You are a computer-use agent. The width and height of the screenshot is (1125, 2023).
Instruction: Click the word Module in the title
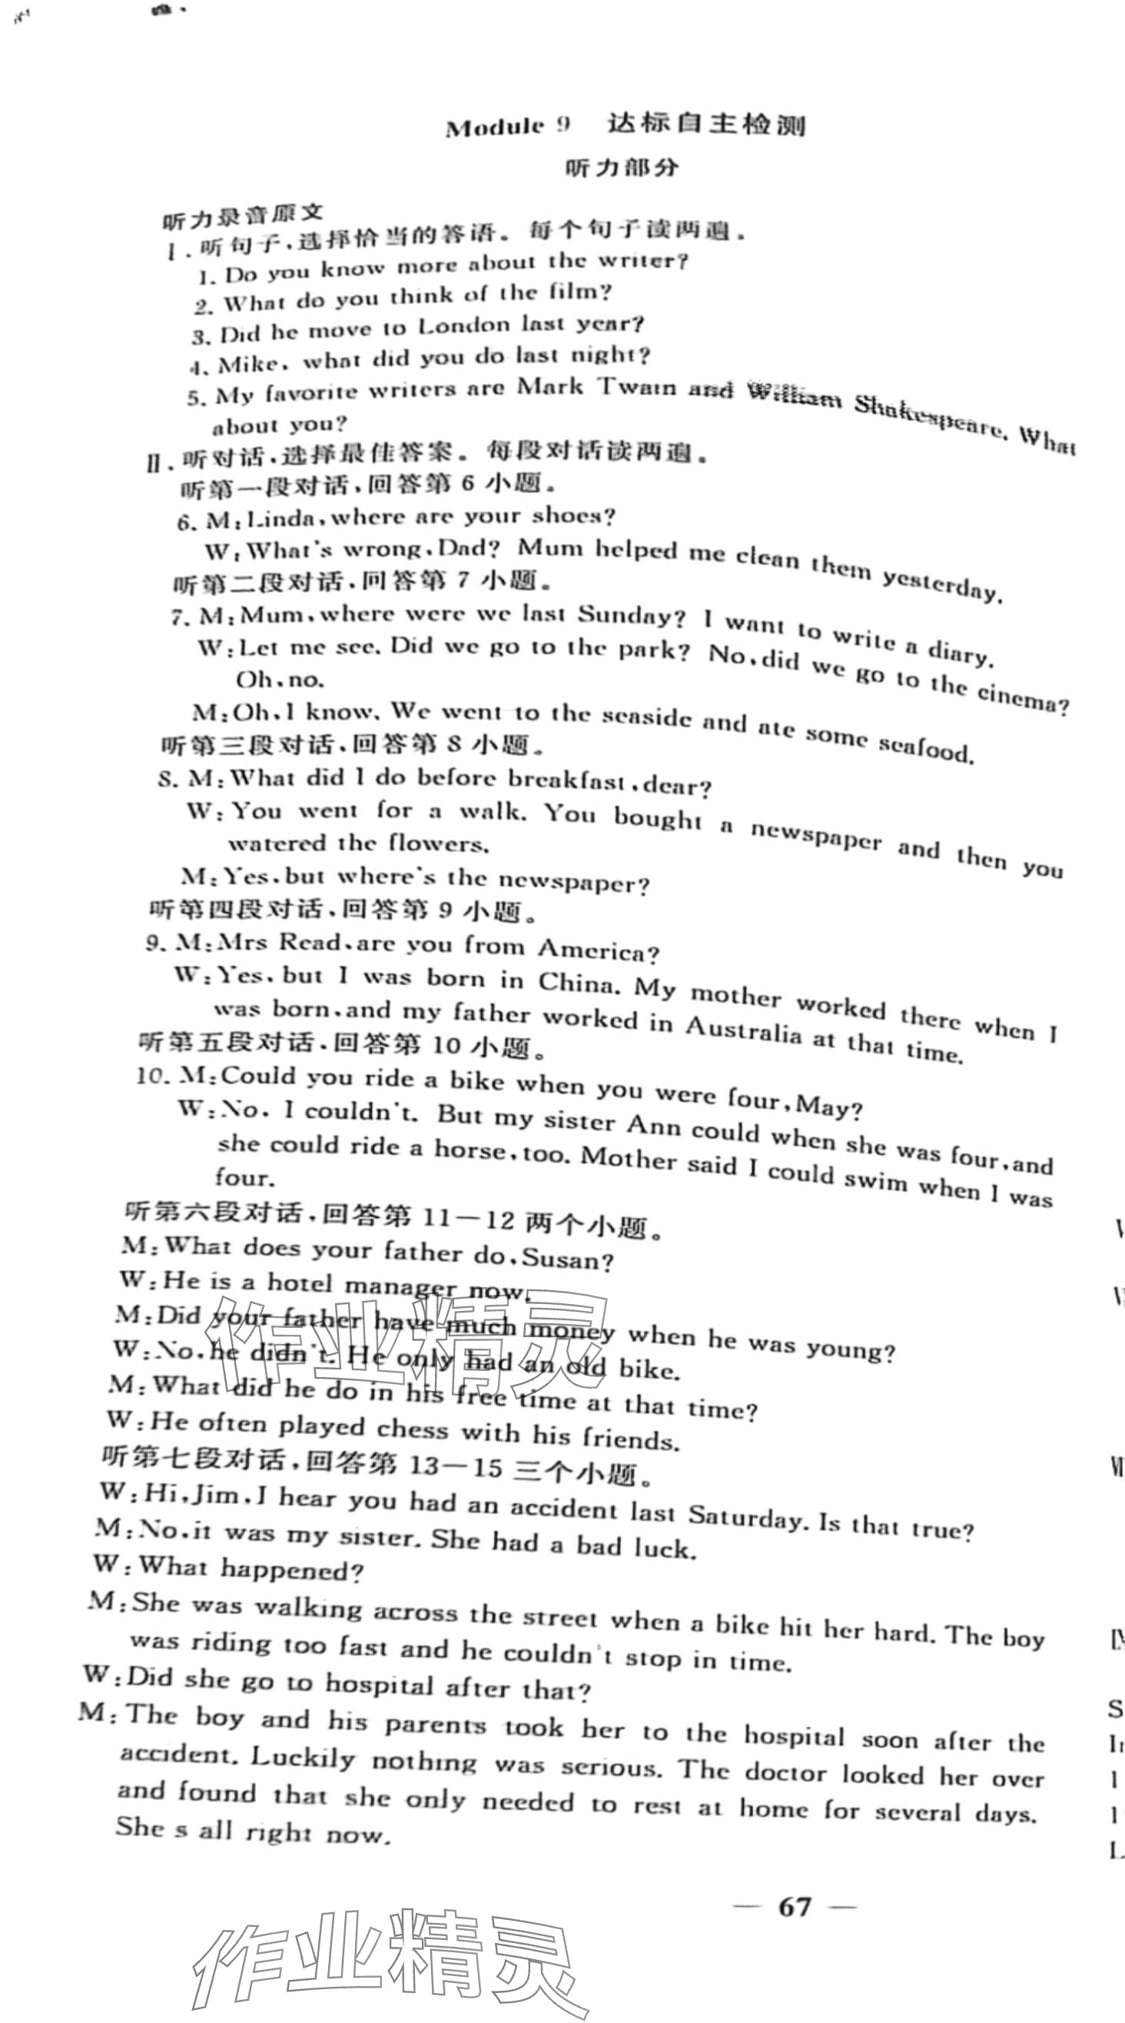[495, 128]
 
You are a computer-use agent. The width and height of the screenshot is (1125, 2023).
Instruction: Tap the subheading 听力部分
[622, 168]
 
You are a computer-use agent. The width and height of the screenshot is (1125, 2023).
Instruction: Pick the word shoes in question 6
[572, 516]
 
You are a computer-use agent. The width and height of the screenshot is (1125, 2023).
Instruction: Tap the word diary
[957, 652]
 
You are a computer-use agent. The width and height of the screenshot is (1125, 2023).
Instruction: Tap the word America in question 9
[597, 950]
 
